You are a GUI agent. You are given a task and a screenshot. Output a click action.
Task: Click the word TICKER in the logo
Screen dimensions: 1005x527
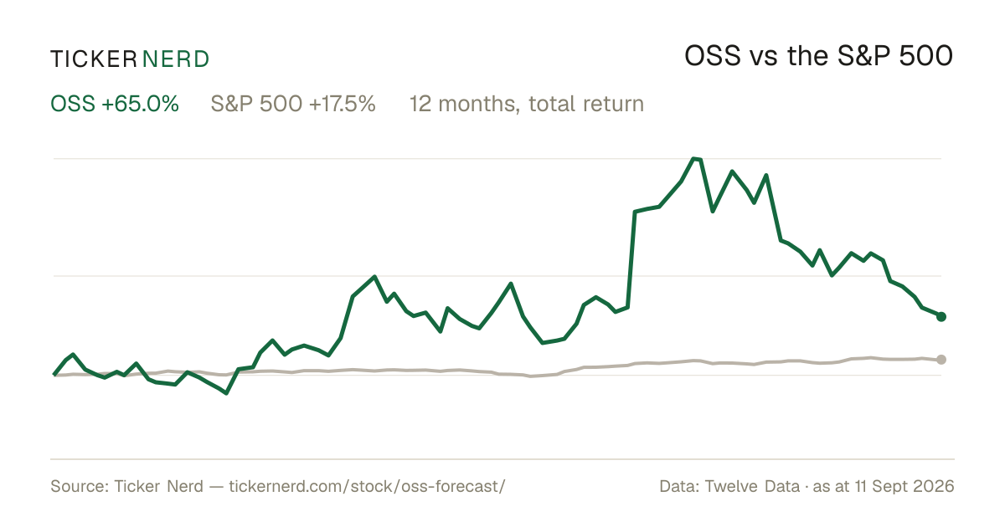click(x=94, y=59)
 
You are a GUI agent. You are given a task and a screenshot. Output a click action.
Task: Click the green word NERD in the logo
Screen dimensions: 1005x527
click(x=176, y=59)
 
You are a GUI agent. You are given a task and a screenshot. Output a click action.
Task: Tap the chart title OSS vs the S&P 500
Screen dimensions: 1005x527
click(x=818, y=56)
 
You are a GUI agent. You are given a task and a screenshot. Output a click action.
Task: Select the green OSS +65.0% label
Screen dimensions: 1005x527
click(x=115, y=104)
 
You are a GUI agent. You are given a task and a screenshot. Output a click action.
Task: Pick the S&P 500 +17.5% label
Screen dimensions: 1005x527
click(x=293, y=104)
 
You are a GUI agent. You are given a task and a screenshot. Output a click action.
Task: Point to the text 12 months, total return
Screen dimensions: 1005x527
click(x=527, y=104)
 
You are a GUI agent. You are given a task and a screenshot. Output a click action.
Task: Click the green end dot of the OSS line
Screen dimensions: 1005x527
click(x=941, y=317)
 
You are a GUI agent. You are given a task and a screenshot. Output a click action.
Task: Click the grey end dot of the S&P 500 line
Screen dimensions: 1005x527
click(x=941, y=360)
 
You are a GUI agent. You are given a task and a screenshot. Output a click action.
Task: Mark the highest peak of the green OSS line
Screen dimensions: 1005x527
click(x=694, y=158)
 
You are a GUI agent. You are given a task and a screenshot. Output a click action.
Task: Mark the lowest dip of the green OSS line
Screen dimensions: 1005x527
click(x=226, y=393)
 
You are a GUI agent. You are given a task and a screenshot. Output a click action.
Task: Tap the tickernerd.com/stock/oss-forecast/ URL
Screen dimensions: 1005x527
click(x=367, y=486)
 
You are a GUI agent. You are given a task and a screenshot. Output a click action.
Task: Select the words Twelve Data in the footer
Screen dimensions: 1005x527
click(x=752, y=486)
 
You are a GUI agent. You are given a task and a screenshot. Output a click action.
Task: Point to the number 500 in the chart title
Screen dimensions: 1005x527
click(x=926, y=56)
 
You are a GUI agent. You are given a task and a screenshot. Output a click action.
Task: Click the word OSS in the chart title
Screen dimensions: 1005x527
click(x=713, y=56)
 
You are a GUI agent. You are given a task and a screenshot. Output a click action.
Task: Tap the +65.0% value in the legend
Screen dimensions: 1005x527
click(x=140, y=104)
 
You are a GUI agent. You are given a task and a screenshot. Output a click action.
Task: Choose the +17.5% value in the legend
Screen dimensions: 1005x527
click(x=343, y=104)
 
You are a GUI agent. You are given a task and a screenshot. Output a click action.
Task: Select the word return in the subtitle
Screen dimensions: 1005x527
click(x=613, y=105)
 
